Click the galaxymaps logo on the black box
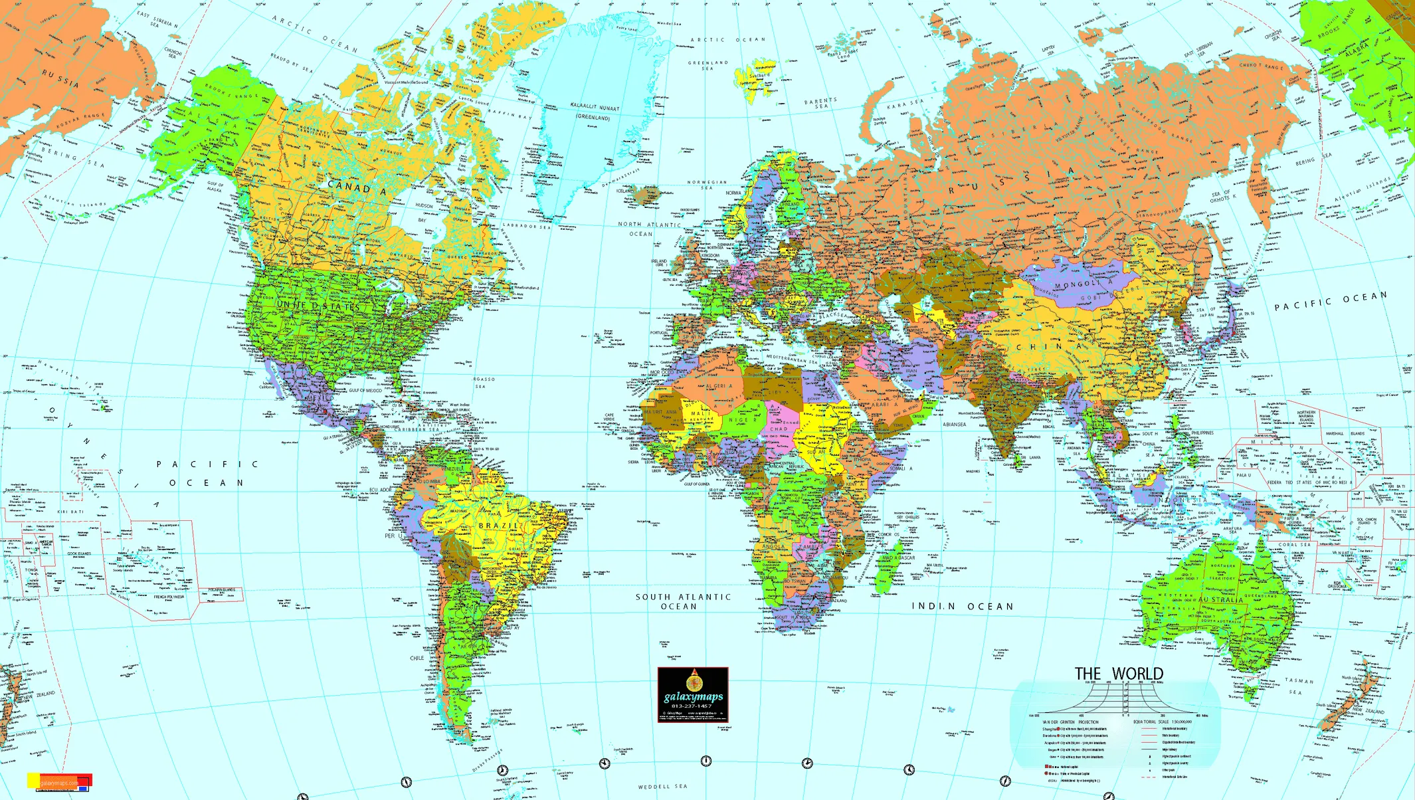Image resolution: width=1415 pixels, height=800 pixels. click(x=693, y=696)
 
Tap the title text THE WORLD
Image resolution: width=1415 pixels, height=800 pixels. click(x=1119, y=674)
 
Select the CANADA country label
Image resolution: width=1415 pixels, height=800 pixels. click(x=357, y=188)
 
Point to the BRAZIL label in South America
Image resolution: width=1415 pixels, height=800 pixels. click(x=498, y=526)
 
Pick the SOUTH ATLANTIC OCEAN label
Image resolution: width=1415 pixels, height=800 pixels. click(x=683, y=601)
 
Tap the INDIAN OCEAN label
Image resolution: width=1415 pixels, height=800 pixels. click(x=963, y=606)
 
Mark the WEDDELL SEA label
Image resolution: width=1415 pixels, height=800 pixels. click(x=662, y=787)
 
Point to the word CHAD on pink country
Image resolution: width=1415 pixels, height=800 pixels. click(x=779, y=429)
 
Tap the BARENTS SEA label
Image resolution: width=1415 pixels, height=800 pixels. click(x=820, y=104)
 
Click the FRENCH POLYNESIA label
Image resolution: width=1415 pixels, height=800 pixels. click(x=169, y=597)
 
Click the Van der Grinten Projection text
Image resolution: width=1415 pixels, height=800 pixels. click(x=1070, y=722)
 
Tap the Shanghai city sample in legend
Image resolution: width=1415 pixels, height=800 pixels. click(x=1050, y=729)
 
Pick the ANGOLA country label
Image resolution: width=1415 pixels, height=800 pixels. click(x=773, y=546)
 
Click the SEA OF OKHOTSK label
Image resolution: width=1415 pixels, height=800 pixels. click(x=1223, y=195)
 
